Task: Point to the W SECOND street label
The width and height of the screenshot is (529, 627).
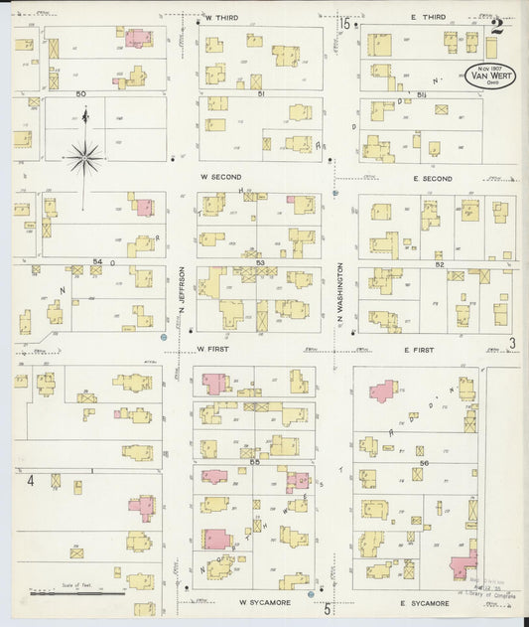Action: pyautogui.click(x=219, y=177)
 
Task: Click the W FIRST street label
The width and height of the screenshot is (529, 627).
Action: pyautogui.click(x=213, y=349)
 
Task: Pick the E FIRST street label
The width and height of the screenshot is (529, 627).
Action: pyautogui.click(x=421, y=349)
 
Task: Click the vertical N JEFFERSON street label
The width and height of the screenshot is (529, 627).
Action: pyautogui.click(x=183, y=290)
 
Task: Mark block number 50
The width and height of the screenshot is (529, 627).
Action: pyautogui.click(x=81, y=93)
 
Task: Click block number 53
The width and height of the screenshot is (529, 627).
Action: pyautogui.click(x=260, y=262)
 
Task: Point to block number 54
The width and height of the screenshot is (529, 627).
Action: pyautogui.click(x=96, y=262)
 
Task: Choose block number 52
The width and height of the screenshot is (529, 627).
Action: pyautogui.click(x=438, y=264)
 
